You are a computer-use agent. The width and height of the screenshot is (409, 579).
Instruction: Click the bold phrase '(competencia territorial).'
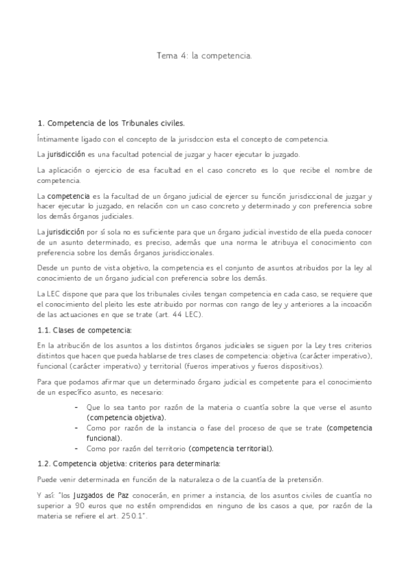pos(231,449)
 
